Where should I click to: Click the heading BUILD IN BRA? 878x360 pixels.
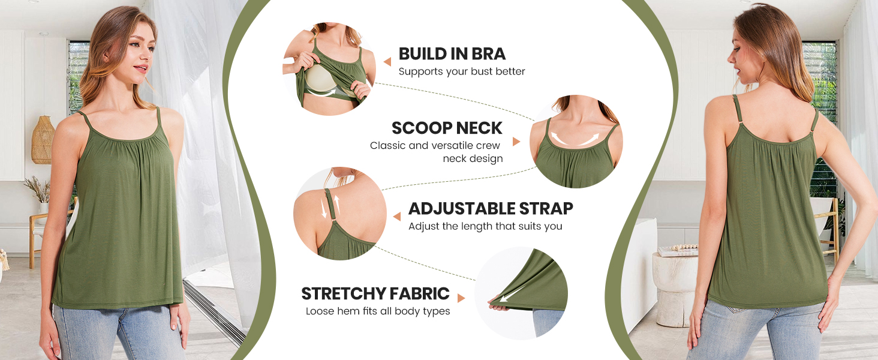[x=452, y=54]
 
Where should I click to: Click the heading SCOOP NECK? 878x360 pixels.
[x=447, y=128]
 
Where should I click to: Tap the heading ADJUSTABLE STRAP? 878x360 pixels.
[x=491, y=209]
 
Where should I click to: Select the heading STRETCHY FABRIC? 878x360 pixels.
[x=375, y=294]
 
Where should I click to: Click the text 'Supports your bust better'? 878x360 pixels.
[x=462, y=71]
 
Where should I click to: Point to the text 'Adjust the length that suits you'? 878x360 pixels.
[x=485, y=226]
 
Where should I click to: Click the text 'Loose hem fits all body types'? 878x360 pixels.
[x=378, y=311]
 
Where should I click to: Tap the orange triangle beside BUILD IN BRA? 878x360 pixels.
[x=387, y=62]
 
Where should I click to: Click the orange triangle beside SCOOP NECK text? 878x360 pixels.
[x=516, y=142]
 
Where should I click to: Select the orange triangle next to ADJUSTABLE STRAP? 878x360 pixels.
[x=397, y=217]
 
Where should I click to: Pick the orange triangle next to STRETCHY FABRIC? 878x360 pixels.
[x=461, y=298]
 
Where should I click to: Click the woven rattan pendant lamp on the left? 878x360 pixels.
[x=43, y=140]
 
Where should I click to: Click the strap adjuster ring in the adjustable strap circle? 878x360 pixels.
[x=334, y=222]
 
